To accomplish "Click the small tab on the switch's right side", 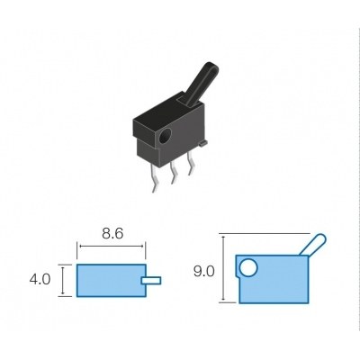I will (x=205, y=139).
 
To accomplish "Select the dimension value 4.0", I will (x=40, y=281).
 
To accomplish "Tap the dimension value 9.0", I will (x=204, y=268).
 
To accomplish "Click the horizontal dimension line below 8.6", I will (x=112, y=245).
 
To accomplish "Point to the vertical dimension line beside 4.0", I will (x=62, y=281).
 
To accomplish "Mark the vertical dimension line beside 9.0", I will (x=222, y=268).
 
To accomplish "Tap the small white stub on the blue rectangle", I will (x=152, y=281).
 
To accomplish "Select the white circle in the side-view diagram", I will (x=248, y=266).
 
